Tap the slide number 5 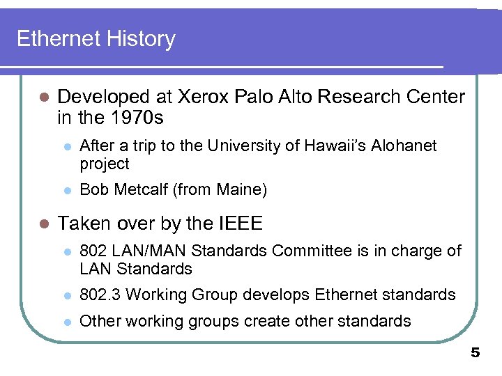[476, 353]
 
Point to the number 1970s [137, 118]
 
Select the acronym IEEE [241, 224]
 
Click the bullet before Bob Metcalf [67, 190]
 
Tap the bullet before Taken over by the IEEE [43, 224]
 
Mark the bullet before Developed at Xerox [43, 97]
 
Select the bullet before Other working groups [67, 322]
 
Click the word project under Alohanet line [105, 164]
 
